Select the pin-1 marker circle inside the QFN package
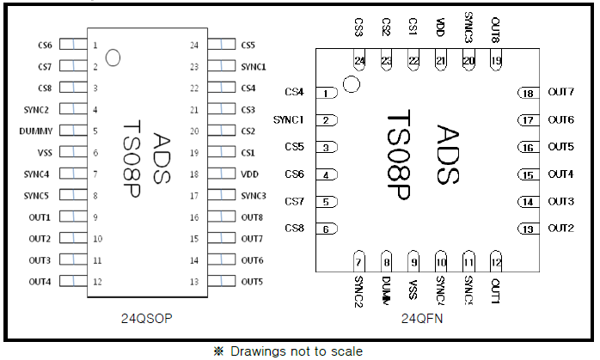[x=350, y=84]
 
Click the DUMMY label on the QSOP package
[x=36, y=131]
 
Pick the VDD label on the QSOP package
[x=249, y=174]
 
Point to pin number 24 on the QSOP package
[x=194, y=45]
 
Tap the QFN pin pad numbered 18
[x=528, y=93]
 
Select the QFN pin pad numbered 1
[x=327, y=93]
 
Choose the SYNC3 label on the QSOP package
[x=254, y=195]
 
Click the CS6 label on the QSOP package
[x=45, y=45]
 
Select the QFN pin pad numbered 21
[x=441, y=60]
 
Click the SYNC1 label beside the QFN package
[x=289, y=119]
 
